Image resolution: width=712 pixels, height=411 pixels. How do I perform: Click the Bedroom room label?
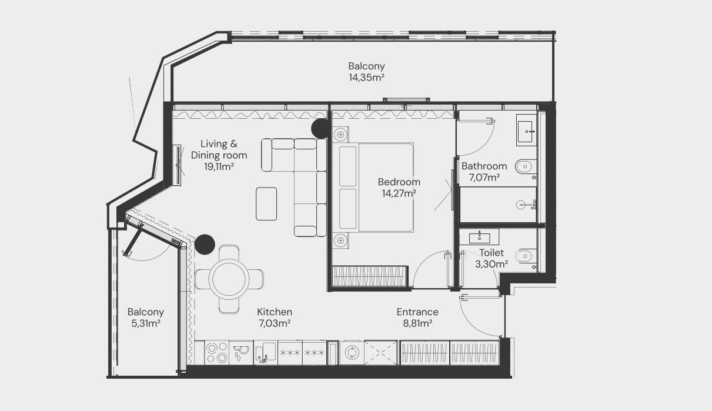[399, 182]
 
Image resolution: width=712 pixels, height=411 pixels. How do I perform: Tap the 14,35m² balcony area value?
[366, 78]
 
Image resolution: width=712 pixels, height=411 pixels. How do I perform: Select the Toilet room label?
[492, 253]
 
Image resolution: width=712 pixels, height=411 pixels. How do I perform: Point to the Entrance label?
[417, 312]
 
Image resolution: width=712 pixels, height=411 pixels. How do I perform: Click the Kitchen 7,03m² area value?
[275, 323]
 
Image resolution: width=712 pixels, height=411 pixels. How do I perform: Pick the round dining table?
[229, 279]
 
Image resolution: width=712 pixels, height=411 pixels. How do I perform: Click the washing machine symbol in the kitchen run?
[352, 353]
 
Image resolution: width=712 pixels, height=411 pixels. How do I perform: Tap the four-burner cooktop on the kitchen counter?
[217, 353]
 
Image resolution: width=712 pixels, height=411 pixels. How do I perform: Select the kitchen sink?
[265, 353]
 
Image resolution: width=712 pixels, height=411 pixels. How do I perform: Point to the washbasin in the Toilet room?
[479, 237]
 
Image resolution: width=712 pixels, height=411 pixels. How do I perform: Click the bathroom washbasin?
[527, 131]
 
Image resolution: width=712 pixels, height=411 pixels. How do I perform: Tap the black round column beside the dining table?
[205, 245]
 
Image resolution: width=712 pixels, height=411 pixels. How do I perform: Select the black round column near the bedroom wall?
[321, 128]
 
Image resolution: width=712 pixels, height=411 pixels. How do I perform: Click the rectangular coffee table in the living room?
[266, 204]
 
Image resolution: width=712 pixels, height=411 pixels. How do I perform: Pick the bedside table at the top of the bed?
[340, 134]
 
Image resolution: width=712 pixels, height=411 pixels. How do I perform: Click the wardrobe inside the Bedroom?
[370, 276]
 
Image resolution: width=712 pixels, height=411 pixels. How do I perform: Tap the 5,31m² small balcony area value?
[146, 323]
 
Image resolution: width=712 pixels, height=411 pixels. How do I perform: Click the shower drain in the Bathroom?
[521, 205]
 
